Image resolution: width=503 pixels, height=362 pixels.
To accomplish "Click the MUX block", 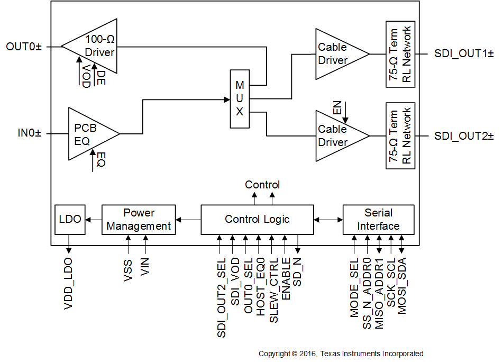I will point(240,99).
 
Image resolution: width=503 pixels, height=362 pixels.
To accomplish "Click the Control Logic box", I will point(257,219).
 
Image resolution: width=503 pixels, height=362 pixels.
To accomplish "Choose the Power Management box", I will point(139,219).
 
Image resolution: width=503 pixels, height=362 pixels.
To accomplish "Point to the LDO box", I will point(70,219).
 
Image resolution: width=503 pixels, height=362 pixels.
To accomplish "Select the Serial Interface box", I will point(378,219).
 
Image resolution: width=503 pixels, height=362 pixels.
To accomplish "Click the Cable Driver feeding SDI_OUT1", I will point(337,54).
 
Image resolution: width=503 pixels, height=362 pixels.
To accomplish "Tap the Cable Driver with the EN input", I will point(337,136).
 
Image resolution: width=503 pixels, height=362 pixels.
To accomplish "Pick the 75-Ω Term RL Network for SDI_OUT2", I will point(400,136).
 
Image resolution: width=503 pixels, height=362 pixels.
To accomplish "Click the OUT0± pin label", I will point(23,47).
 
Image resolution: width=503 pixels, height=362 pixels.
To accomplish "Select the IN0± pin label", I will point(29,134).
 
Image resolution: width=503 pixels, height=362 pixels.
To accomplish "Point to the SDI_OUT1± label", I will point(464,54).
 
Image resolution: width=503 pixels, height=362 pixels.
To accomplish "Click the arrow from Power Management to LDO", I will point(93,219).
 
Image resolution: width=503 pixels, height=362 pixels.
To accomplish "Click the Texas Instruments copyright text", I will point(341,354).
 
